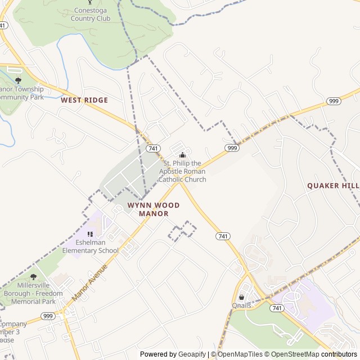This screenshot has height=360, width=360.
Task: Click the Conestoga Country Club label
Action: [91, 14]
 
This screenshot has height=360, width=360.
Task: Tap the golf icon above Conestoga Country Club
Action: [91, 3]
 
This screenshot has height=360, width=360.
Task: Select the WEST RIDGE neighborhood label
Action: [84, 100]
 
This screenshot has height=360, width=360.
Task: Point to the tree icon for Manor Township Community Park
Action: [18, 80]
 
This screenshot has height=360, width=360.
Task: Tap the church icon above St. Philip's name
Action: [182, 155]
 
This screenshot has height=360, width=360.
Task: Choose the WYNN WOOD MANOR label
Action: [154, 209]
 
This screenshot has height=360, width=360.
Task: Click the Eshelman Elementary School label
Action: [91, 247]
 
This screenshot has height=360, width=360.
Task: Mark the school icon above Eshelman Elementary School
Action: [90, 234]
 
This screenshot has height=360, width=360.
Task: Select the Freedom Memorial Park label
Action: [36, 293]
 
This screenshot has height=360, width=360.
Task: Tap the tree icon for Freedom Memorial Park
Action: [33, 277]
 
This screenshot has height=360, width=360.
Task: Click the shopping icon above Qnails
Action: [242, 297]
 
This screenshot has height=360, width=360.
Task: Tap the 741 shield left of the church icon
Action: [152, 148]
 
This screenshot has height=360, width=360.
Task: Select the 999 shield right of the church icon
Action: [232, 147]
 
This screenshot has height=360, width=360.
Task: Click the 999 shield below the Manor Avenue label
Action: [48, 316]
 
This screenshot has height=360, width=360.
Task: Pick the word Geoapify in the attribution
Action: [192, 354]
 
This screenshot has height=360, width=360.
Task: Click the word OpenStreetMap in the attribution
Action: [293, 354]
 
